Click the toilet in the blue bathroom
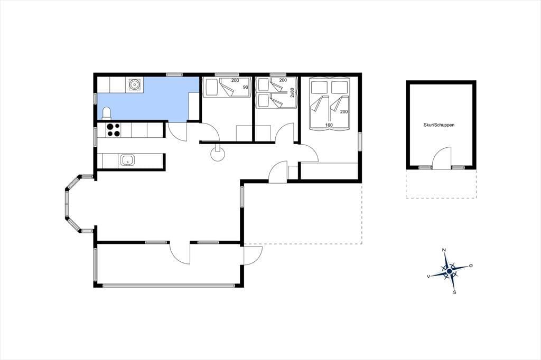(x=107, y=113)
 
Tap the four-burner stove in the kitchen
(x=114, y=130)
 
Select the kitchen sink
(x=127, y=160)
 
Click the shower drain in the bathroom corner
(x=134, y=84)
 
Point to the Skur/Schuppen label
(x=439, y=125)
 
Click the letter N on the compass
(x=444, y=250)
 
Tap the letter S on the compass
(x=454, y=292)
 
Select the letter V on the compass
(x=428, y=276)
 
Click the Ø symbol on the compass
(x=471, y=266)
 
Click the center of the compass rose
(x=449, y=272)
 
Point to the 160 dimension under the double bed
(x=329, y=125)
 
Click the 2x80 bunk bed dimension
(x=292, y=93)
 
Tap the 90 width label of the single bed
(x=245, y=87)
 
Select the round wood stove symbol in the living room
(x=218, y=154)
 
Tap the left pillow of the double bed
(x=319, y=87)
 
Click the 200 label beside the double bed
(x=344, y=112)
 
